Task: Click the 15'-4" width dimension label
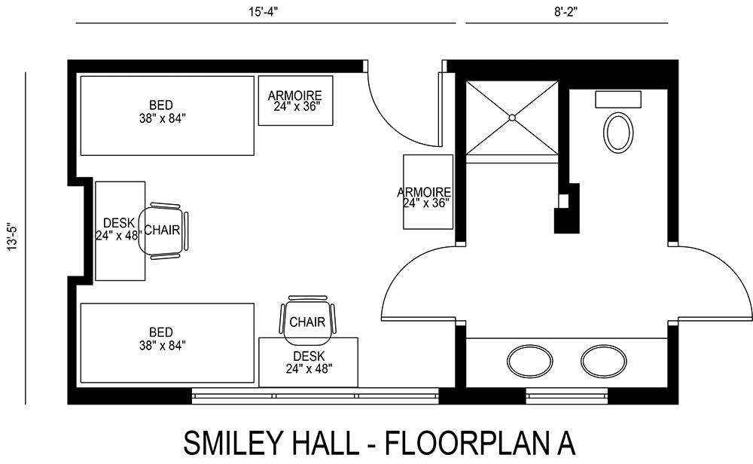click(x=265, y=11)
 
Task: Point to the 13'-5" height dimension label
click(x=11, y=238)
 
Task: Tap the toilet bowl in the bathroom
click(x=618, y=133)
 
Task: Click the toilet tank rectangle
click(x=618, y=99)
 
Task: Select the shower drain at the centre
click(x=512, y=118)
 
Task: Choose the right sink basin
click(x=603, y=361)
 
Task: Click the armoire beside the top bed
click(x=296, y=100)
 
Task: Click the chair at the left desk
click(x=165, y=230)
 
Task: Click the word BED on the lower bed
click(x=160, y=332)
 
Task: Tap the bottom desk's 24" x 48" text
click(x=309, y=368)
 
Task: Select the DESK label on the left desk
click(x=119, y=222)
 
